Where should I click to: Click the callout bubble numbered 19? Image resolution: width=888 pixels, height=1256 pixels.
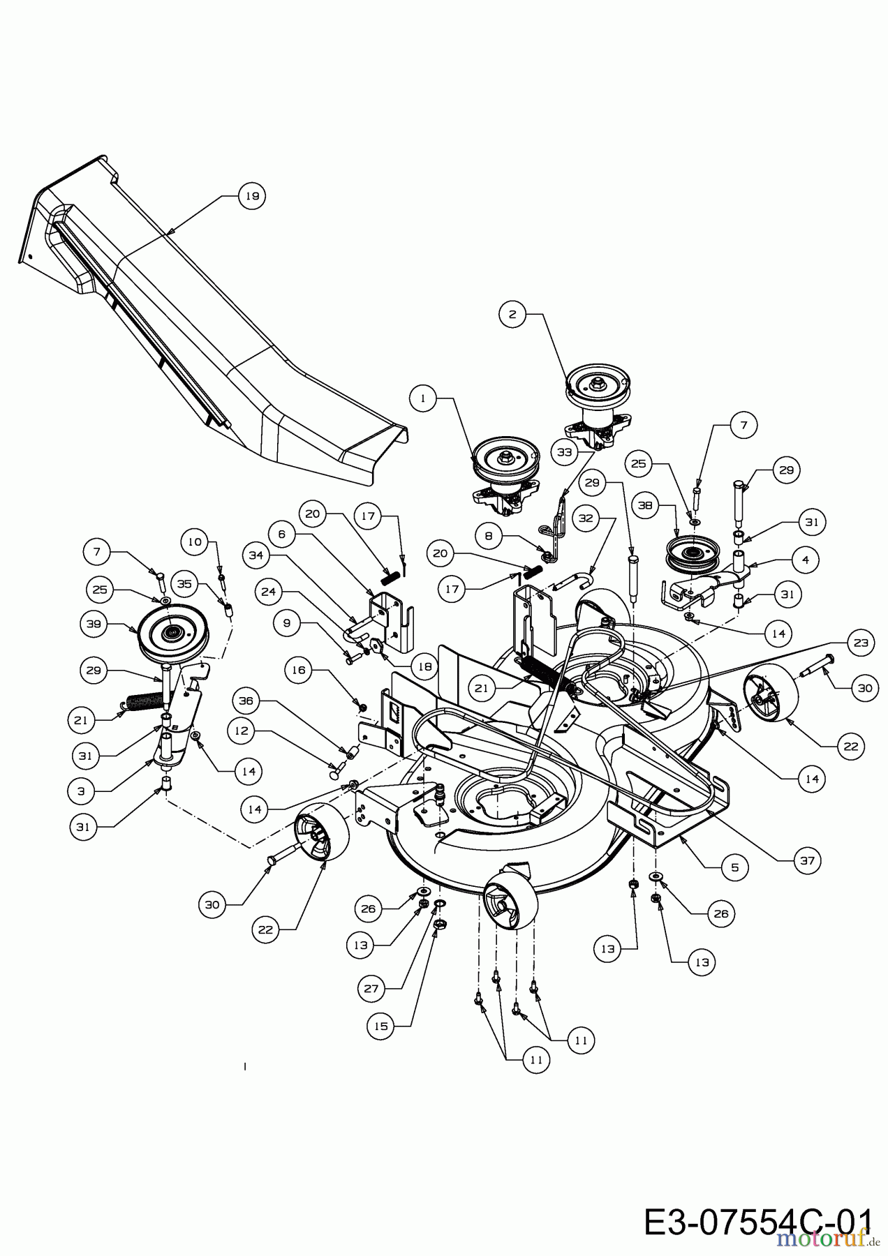[x=252, y=196]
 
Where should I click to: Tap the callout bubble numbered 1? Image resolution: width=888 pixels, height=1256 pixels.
[x=422, y=398]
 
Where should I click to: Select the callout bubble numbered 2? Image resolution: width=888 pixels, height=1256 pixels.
[x=512, y=315]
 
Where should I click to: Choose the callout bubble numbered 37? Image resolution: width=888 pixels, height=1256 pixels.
[x=808, y=860]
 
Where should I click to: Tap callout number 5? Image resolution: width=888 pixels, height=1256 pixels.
[x=734, y=868]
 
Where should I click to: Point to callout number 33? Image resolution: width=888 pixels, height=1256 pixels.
[x=564, y=452]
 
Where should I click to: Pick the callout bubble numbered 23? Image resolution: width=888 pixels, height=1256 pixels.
[x=860, y=643]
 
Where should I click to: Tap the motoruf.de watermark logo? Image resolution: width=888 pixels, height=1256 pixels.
[x=830, y=1237]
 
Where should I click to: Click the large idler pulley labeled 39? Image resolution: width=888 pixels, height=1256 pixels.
[x=171, y=634]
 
